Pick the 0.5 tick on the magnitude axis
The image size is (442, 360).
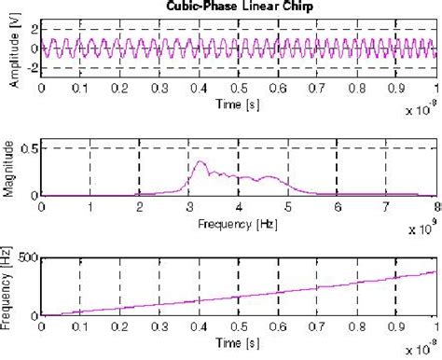click(29, 148)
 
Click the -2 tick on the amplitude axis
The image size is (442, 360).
click(31, 68)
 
